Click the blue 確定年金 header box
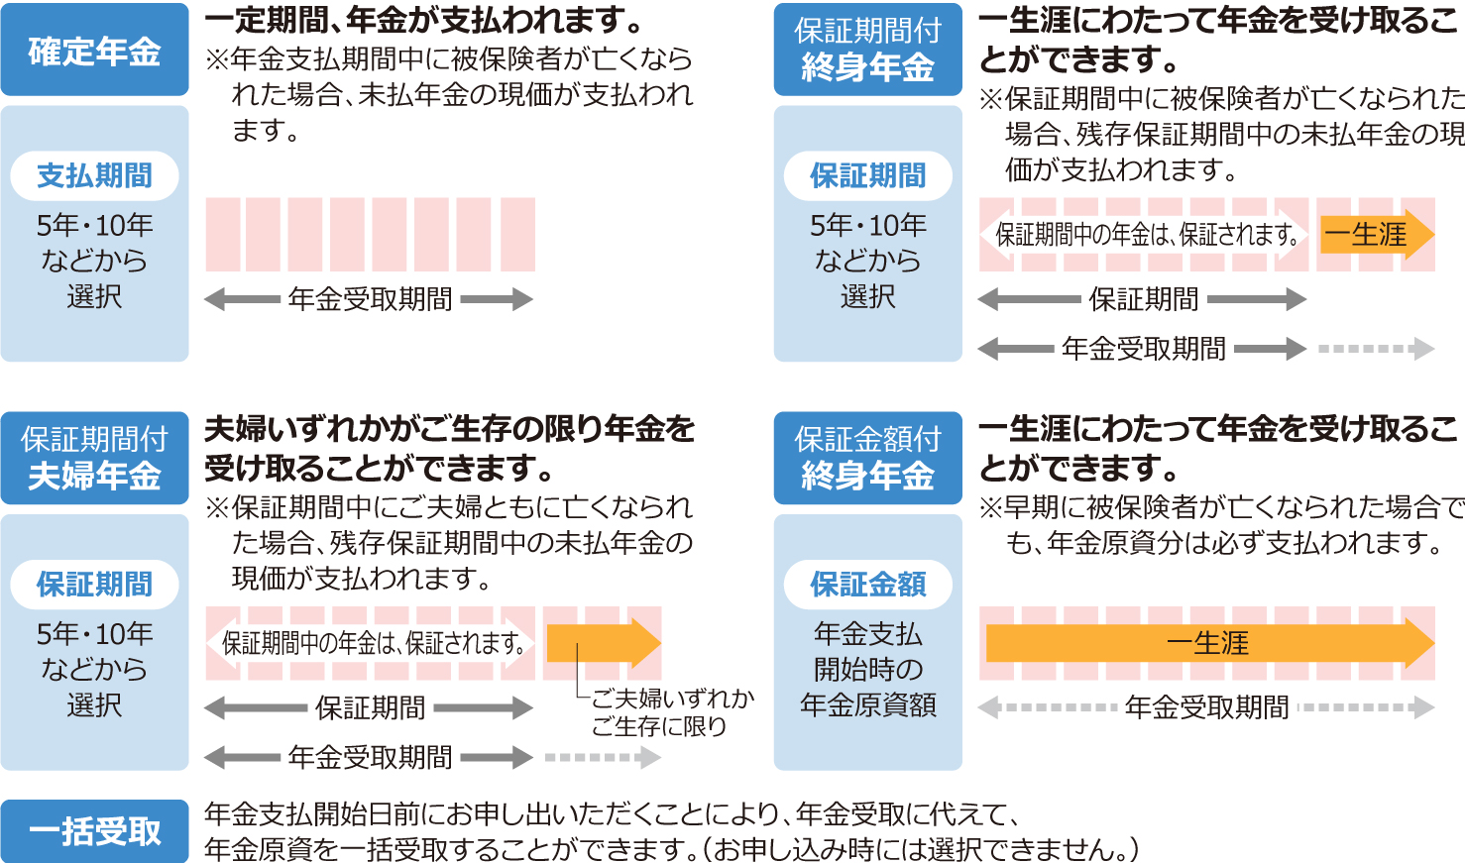94,51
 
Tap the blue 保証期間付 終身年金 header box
867,50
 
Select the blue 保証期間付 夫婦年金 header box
94,458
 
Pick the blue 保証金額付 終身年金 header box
867,458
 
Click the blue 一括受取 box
94,831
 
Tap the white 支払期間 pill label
94,176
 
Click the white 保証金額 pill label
867,585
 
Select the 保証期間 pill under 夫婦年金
94,585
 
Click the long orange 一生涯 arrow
1208,643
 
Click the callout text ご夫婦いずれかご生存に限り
672,712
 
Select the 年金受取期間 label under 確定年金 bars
370,299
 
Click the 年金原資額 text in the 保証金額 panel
867,705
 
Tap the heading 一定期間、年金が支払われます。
424,20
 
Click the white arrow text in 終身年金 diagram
1146,235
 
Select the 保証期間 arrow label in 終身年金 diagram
1143,299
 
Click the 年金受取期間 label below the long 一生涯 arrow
1206,707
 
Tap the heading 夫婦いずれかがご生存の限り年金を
449,429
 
